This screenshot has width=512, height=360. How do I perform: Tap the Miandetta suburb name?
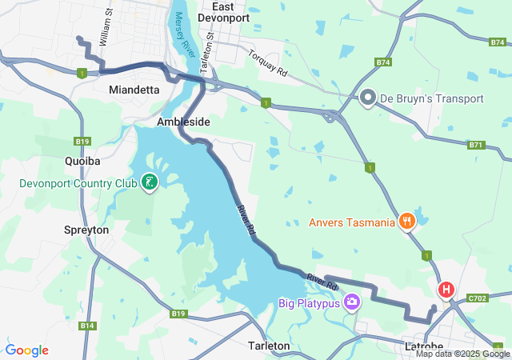tap(134, 90)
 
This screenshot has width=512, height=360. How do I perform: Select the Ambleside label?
tap(183, 122)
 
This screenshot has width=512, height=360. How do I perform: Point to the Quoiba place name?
tap(82, 161)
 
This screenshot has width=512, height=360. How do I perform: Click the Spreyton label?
tap(86, 230)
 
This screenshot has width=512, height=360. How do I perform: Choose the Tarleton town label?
tap(269, 346)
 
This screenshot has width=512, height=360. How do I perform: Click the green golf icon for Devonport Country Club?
tap(149, 183)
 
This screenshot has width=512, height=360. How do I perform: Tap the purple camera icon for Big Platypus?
tap(351, 302)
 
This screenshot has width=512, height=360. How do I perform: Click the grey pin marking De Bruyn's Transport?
tap(368, 98)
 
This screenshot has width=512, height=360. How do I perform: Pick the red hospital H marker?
tap(445, 290)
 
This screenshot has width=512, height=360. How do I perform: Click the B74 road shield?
tap(383, 62)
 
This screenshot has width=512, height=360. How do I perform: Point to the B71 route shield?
tap(477, 145)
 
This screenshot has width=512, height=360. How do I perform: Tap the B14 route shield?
tap(88, 326)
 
